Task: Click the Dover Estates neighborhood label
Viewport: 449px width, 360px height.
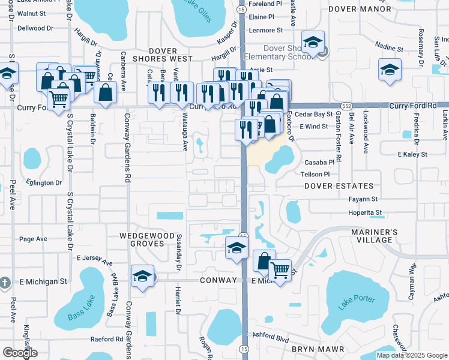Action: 339,186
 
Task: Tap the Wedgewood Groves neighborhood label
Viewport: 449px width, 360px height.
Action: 142,240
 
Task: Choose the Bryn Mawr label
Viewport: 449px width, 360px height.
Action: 318,349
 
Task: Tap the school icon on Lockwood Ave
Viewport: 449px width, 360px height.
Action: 390,69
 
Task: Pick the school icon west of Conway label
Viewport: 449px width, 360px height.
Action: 142,275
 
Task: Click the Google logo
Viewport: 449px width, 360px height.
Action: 20,353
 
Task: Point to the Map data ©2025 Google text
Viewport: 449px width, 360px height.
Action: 412,355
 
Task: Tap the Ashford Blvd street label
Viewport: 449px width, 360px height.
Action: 270,338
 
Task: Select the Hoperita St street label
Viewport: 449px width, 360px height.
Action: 367,212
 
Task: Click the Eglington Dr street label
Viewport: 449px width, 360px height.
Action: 44,182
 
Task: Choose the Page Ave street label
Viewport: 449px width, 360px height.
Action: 33,239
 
